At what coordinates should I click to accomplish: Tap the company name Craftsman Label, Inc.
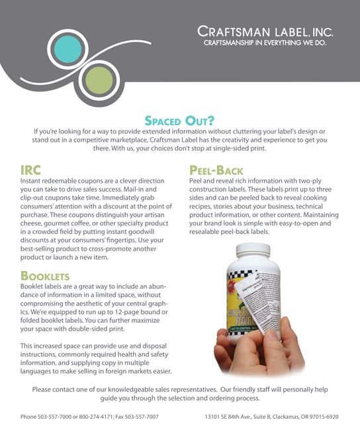266,32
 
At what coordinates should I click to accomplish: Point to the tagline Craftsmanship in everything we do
265,44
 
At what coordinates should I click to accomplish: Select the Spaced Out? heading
179,121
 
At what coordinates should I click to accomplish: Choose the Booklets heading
45,275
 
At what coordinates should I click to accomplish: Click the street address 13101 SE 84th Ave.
233,417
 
